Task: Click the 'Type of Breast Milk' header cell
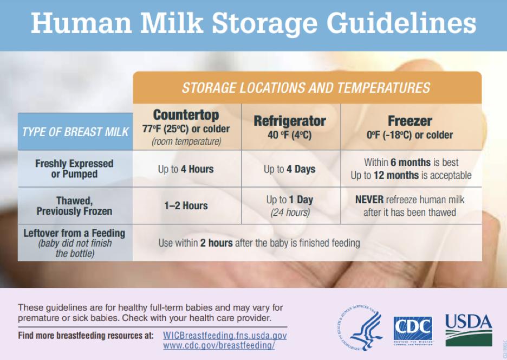75,132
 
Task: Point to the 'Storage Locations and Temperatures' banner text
306,88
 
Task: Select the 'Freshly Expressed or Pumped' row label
74,169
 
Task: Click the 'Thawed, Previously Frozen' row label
74,205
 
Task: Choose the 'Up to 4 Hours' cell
186,169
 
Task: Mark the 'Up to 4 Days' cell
290,169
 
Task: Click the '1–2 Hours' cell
186,205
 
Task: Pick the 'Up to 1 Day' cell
290,206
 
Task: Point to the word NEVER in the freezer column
369,200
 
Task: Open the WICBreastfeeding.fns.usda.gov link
225,336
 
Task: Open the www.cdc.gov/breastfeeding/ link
219,345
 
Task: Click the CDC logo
413,331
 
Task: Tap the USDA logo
469,330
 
